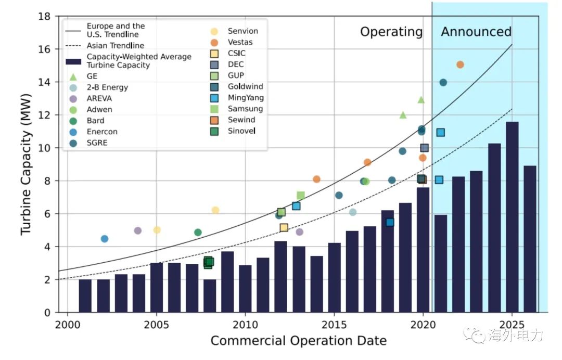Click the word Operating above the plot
(x=391, y=32)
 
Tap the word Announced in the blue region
(x=476, y=32)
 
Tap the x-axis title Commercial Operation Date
(x=298, y=341)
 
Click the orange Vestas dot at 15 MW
(x=460, y=65)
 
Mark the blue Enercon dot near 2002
(x=105, y=239)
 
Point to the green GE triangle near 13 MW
(x=421, y=99)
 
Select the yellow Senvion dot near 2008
(x=215, y=210)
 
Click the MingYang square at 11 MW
(x=440, y=132)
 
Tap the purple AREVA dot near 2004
(x=138, y=230)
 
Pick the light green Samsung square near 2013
(x=301, y=195)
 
